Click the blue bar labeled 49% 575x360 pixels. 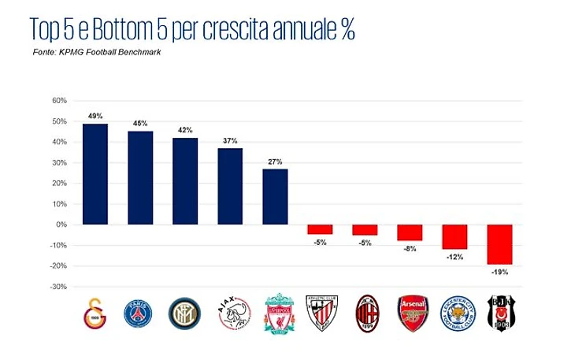(95, 173)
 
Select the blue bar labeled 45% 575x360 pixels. (140, 177)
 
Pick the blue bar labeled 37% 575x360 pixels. (230, 186)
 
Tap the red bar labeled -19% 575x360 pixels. (499, 243)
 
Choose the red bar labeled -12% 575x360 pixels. (454, 236)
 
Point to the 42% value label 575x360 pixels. (185, 130)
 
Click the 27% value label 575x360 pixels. (275, 161)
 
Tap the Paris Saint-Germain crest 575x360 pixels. (139, 314)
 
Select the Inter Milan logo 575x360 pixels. (185, 314)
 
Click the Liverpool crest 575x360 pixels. (277, 314)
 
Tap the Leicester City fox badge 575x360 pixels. (458, 314)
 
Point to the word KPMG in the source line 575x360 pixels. (72, 52)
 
